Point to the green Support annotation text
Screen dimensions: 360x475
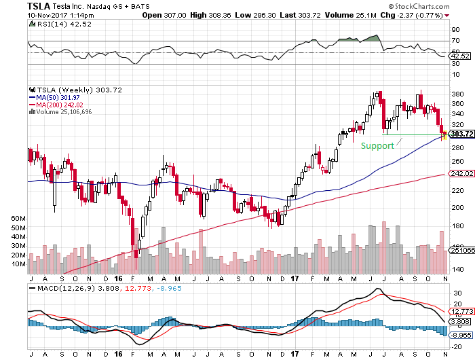click(x=377, y=145)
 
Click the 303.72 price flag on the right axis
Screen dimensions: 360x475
click(x=459, y=134)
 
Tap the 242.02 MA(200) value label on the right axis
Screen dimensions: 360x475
click(x=459, y=174)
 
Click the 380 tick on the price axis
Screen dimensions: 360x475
click(x=456, y=94)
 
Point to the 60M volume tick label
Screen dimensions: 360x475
click(x=18, y=218)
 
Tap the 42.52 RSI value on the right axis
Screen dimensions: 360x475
click(x=458, y=56)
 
